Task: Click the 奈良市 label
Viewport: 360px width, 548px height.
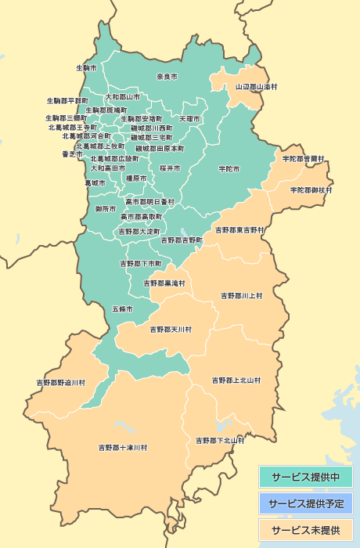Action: click(x=167, y=77)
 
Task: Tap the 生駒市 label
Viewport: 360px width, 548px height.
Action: click(x=86, y=68)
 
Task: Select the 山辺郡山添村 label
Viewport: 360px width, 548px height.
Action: click(x=257, y=86)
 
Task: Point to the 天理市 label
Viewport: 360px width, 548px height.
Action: click(x=189, y=119)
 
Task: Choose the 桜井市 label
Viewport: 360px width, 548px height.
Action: click(x=170, y=168)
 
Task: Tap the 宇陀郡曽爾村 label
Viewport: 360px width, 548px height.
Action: click(x=304, y=158)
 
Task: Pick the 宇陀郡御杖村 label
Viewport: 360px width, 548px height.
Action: click(x=311, y=190)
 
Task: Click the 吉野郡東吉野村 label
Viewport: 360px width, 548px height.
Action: click(x=240, y=230)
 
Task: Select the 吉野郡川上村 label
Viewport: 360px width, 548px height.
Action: click(x=242, y=296)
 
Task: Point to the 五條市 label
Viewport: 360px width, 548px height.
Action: click(x=122, y=309)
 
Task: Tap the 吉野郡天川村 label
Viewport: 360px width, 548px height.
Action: click(x=171, y=329)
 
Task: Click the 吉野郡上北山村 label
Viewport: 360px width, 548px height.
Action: click(x=236, y=380)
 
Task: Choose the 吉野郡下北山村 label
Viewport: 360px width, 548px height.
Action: click(x=219, y=440)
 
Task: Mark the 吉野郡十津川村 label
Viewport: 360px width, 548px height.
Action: click(x=123, y=448)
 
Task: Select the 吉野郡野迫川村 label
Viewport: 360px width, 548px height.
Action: click(x=61, y=383)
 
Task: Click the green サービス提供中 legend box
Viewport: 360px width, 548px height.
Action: click(x=305, y=477)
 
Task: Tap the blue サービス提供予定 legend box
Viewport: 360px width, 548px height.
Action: click(x=305, y=503)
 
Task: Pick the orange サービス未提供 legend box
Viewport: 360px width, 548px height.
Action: click(x=305, y=530)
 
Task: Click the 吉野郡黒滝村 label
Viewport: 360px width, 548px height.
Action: click(x=164, y=283)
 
